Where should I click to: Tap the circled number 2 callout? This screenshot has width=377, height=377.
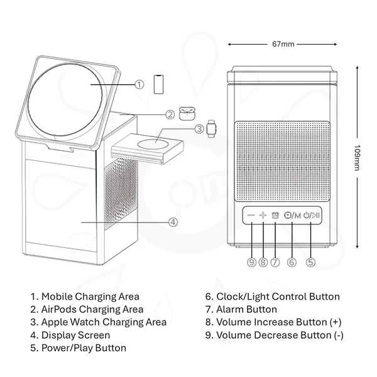[x=170, y=114]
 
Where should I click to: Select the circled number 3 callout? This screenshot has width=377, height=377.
[x=199, y=129]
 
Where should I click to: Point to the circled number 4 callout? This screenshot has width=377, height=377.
[x=173, y=221]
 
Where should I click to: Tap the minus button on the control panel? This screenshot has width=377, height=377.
[x=251, y=216]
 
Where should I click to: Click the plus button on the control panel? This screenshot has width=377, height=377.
[x=263, y=216]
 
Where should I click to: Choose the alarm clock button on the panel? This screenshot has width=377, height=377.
[x=275, y=216]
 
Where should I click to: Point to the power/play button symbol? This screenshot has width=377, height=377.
[x=311, y=216]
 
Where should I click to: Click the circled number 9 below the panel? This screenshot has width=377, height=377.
[x=251, y=263]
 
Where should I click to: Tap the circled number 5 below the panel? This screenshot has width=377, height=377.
[x=310, y=263]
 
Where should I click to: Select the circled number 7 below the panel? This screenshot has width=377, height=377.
[x=275, y=263]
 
